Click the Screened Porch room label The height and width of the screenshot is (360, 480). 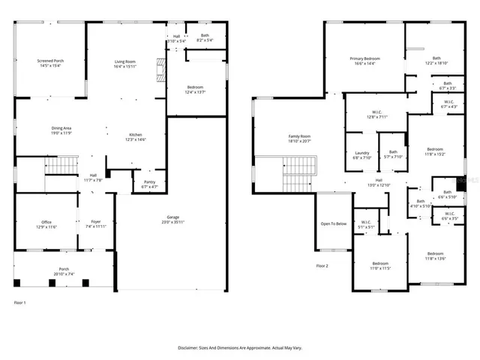[x=51, y=63]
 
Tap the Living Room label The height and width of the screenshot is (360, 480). [x=124, y=63]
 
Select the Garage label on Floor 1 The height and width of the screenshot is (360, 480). [x=172, y=220]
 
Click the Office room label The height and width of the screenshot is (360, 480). [x=46, y=224]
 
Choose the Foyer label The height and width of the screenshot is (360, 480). [x=96, y=224]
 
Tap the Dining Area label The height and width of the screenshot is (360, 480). [x=61, y=130]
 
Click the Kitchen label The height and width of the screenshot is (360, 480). [x=135, y=137]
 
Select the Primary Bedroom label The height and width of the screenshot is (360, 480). [x=364, y=61]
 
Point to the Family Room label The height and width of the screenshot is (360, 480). [x=299, y=139]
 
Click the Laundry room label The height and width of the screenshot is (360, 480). [x=361, y=155]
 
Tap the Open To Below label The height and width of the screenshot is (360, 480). [x=333, y=223]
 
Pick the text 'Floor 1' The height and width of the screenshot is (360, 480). [x=20, y=302]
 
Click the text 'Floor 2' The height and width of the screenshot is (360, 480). [x=322, y=265]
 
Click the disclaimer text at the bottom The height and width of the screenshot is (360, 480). [x=239, y=348]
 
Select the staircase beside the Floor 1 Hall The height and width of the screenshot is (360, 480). [x=61, y=165]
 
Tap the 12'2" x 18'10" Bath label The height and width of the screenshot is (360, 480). [x=436, y=61]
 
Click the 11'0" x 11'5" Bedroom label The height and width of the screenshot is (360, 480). [x=381, y=265]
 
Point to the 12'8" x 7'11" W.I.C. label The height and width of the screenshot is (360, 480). [x=376, y=115]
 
